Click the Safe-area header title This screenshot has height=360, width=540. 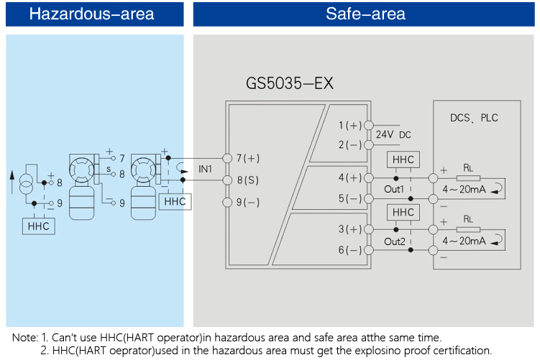[365, 14]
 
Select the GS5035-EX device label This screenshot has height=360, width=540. [290, 84]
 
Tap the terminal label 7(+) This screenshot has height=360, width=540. [248, 157]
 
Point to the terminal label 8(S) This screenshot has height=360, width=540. [248, 180]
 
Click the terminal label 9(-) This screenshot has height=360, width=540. [248, 202]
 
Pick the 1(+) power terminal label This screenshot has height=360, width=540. [350, 126]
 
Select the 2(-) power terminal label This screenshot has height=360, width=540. [350, 144]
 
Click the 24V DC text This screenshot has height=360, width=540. [393, 134]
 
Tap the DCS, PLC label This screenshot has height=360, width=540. [474, 118]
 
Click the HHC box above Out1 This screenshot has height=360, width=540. [403, 161]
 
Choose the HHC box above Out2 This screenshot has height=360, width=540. [403, 213]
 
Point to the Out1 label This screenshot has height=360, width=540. [394, 189]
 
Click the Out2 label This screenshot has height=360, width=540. [394, 241]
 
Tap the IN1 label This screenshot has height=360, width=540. [206, 169]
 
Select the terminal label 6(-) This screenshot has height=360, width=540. [350, 250]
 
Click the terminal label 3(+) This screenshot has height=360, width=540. [350, 229]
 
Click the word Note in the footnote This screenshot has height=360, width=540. [24, 337]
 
